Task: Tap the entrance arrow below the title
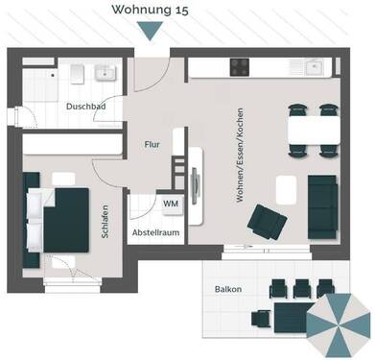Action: click(x=149, y=32)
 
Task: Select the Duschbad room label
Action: click(x=86, y=107)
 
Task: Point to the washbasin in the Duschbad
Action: click(x=103, y=74)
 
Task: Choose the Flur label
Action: click(x=152, y=144)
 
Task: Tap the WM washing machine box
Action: click(x=170, y=204)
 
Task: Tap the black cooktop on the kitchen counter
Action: click(x=240, y=68)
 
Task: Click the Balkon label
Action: click(x=228, y=289)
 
